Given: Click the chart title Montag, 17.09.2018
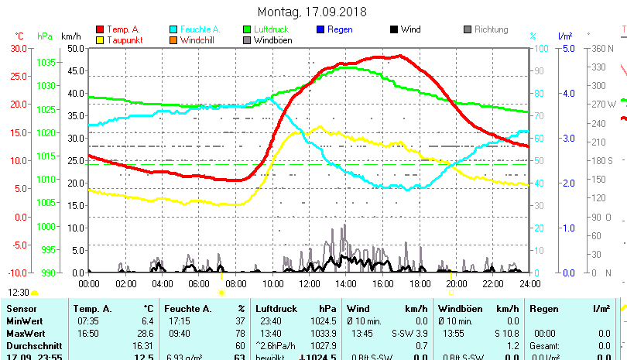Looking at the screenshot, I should pos(312,12).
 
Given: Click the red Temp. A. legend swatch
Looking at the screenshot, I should pos(100,29).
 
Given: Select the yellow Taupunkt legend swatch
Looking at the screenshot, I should pos(100,39).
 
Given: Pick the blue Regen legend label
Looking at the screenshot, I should pos(340,29).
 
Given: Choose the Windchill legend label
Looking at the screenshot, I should pos(199,39).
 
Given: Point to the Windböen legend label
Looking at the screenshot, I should pos(272,39).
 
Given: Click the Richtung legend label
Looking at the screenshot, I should pos(491,29).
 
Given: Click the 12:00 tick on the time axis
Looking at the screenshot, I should pos(309,285).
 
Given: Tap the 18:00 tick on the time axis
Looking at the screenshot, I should pos(420,285).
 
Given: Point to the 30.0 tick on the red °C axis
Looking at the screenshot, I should pos(18,48).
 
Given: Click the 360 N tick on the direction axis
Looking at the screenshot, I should pos(604,48).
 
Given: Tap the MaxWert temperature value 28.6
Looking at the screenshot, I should pos(145,333).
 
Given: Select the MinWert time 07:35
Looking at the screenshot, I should pos(86,321).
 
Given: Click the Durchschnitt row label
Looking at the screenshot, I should pos(29,345).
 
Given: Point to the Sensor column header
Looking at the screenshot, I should pos(22,308).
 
